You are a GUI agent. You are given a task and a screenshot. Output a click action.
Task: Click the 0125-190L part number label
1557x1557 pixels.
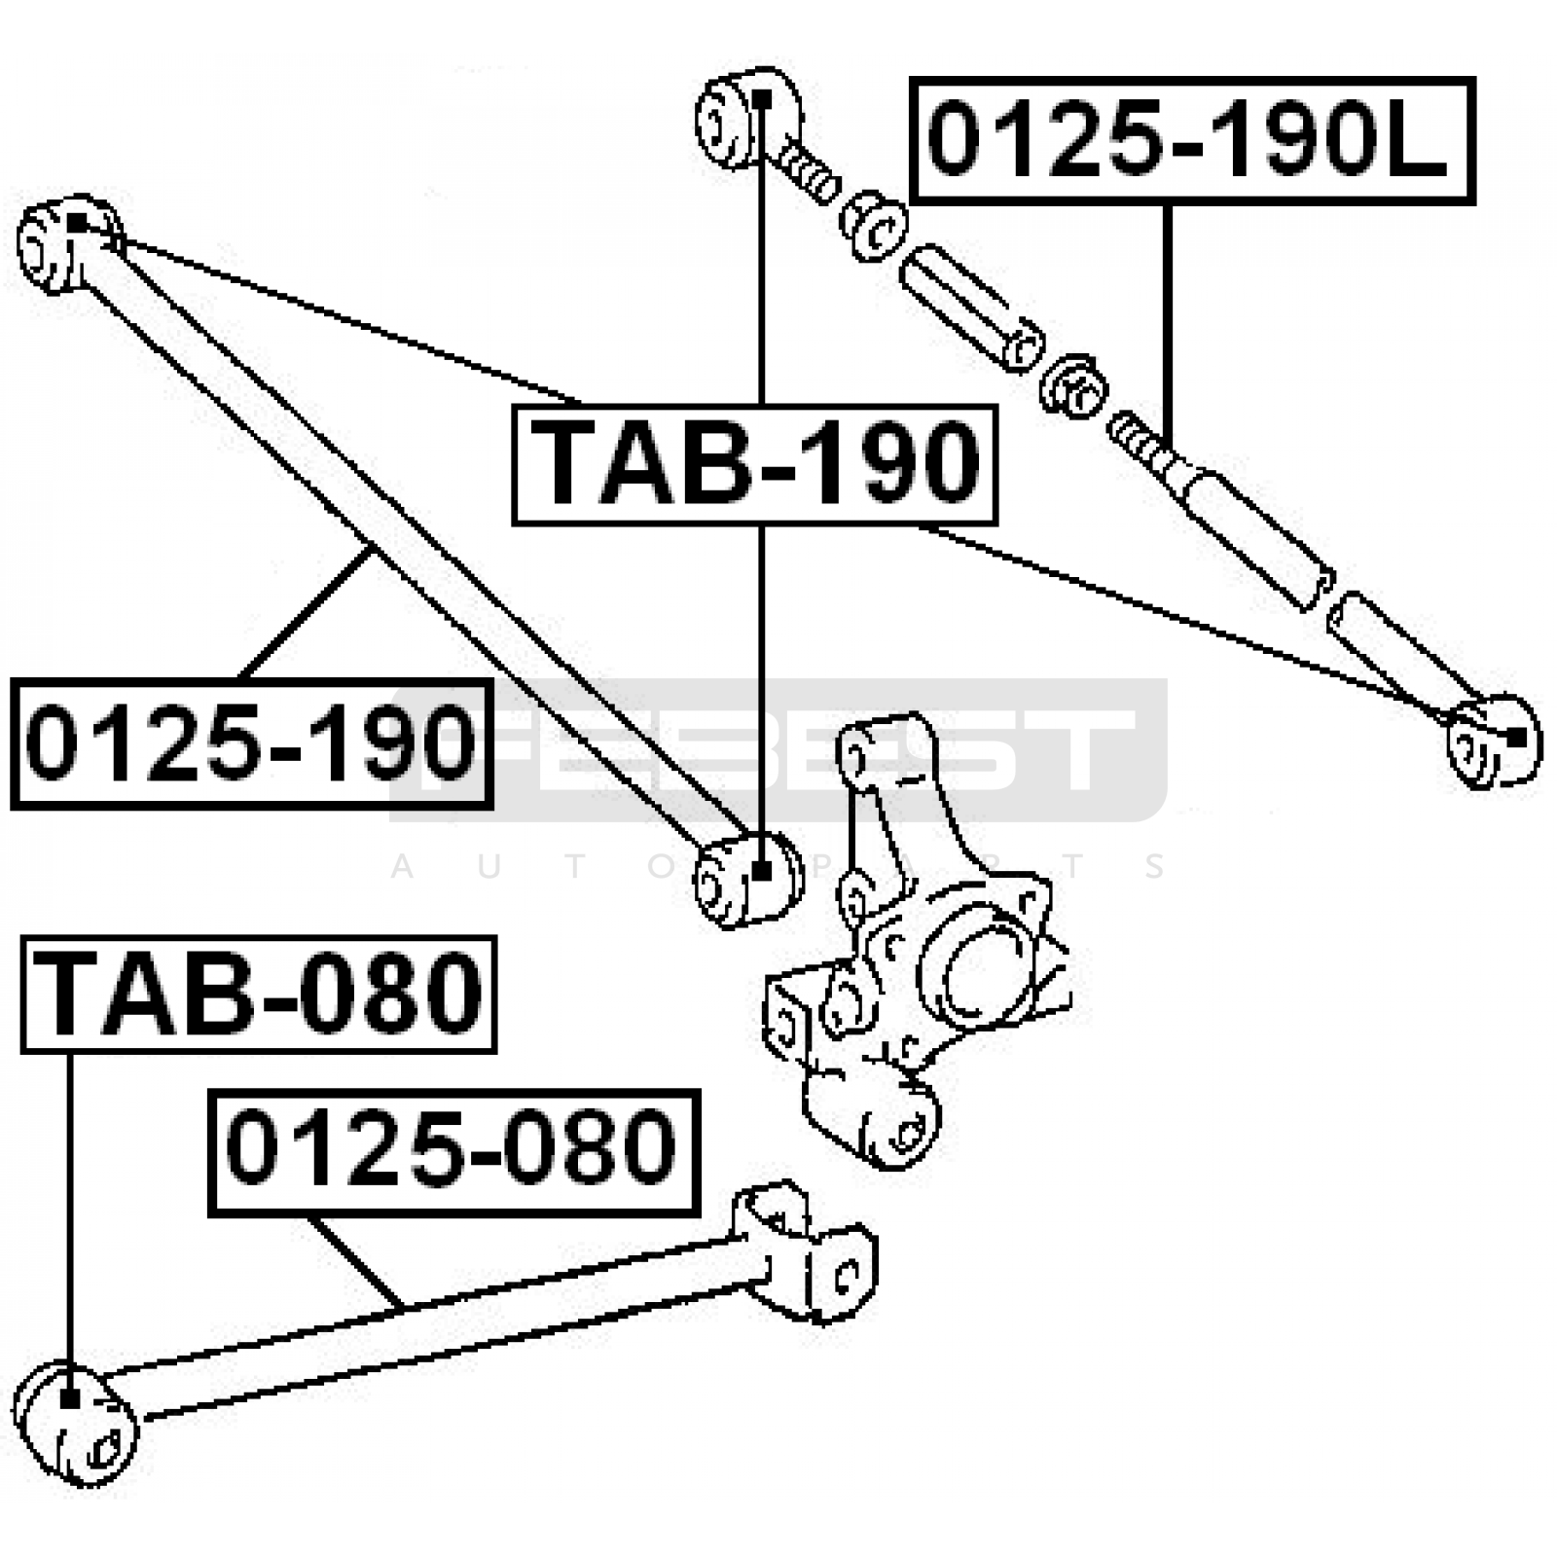(1192, 141)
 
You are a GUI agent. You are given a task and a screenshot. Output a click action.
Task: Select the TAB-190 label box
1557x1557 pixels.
(755, 464)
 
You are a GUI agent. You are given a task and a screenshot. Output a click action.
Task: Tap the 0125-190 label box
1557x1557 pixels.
(252, 743)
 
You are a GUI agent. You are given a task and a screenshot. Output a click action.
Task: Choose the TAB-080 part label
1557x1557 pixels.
(259, 995)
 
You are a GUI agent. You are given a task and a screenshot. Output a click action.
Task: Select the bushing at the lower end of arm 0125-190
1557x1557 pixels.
(747, 876)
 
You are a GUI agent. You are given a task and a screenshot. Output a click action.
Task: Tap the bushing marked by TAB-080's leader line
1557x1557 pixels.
(74, 1423)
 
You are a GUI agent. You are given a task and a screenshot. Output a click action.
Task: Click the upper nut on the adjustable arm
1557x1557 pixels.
(874, 226)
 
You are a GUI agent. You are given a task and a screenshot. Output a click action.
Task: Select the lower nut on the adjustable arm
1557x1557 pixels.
(1074, 386)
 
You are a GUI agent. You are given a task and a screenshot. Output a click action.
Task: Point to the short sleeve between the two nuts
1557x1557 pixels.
(971, 308)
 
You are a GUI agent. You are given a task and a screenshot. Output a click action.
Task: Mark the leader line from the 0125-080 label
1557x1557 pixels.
(354, 1261)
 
